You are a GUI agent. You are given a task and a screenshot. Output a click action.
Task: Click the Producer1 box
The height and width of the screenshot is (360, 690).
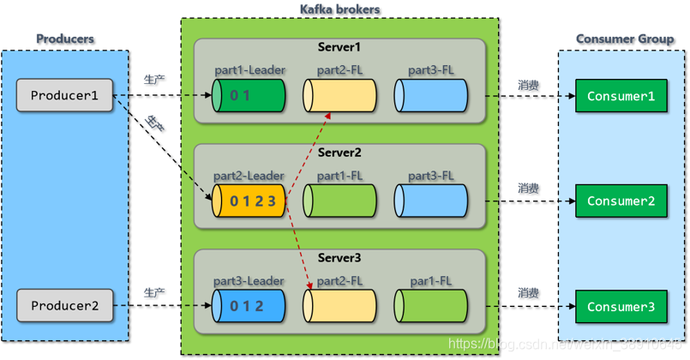coord(64,95)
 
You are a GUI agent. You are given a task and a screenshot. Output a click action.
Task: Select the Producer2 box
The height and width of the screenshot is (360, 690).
coord(64,305)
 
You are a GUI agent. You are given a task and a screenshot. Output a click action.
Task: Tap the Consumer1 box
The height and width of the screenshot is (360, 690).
coord(621,96)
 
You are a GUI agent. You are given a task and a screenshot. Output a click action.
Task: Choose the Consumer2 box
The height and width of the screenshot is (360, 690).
coord(621,201)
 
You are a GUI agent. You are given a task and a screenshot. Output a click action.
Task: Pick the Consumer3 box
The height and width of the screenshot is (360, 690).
coord(621,306)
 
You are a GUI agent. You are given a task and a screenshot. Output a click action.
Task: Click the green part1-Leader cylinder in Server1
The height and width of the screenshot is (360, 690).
coord(248,96)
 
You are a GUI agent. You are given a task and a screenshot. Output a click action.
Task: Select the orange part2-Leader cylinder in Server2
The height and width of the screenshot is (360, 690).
coord(248,201)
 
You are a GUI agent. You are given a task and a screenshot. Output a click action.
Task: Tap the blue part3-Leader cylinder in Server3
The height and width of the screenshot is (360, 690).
coord(248,306)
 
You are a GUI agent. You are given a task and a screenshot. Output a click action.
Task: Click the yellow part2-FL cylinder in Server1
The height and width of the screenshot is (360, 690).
coord(339,96)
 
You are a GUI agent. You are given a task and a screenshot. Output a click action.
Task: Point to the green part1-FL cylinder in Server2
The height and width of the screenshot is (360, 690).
coord(339,201)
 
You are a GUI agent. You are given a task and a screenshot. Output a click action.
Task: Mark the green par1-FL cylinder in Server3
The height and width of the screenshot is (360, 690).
coord(431,306)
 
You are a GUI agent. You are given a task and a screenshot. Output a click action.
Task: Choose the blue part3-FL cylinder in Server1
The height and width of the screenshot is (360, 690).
coord(431,96)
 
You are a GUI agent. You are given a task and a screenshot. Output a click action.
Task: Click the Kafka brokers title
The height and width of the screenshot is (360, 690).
coord(339,9)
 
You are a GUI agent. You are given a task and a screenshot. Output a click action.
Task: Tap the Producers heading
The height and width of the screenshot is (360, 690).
coord(65,39)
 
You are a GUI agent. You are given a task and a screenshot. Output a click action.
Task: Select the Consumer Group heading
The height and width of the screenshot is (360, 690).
coord(624,39)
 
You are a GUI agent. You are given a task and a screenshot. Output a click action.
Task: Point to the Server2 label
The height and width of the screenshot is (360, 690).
coord(339,153)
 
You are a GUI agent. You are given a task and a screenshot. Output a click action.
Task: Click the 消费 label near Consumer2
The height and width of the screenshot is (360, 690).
coord(528,189)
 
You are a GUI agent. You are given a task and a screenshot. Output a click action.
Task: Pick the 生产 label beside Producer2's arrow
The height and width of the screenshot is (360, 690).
coord(154,293)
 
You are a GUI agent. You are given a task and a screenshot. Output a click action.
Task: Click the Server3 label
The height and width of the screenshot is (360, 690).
coord(339,258)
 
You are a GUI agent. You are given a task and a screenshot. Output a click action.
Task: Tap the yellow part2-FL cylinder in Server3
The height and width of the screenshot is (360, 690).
coord(339,306)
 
